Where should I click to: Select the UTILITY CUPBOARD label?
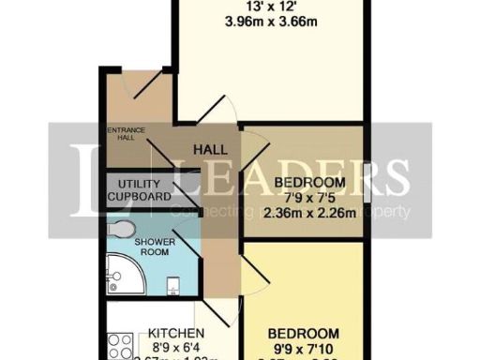click(139, 190)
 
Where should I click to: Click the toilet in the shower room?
click(120, 229)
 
